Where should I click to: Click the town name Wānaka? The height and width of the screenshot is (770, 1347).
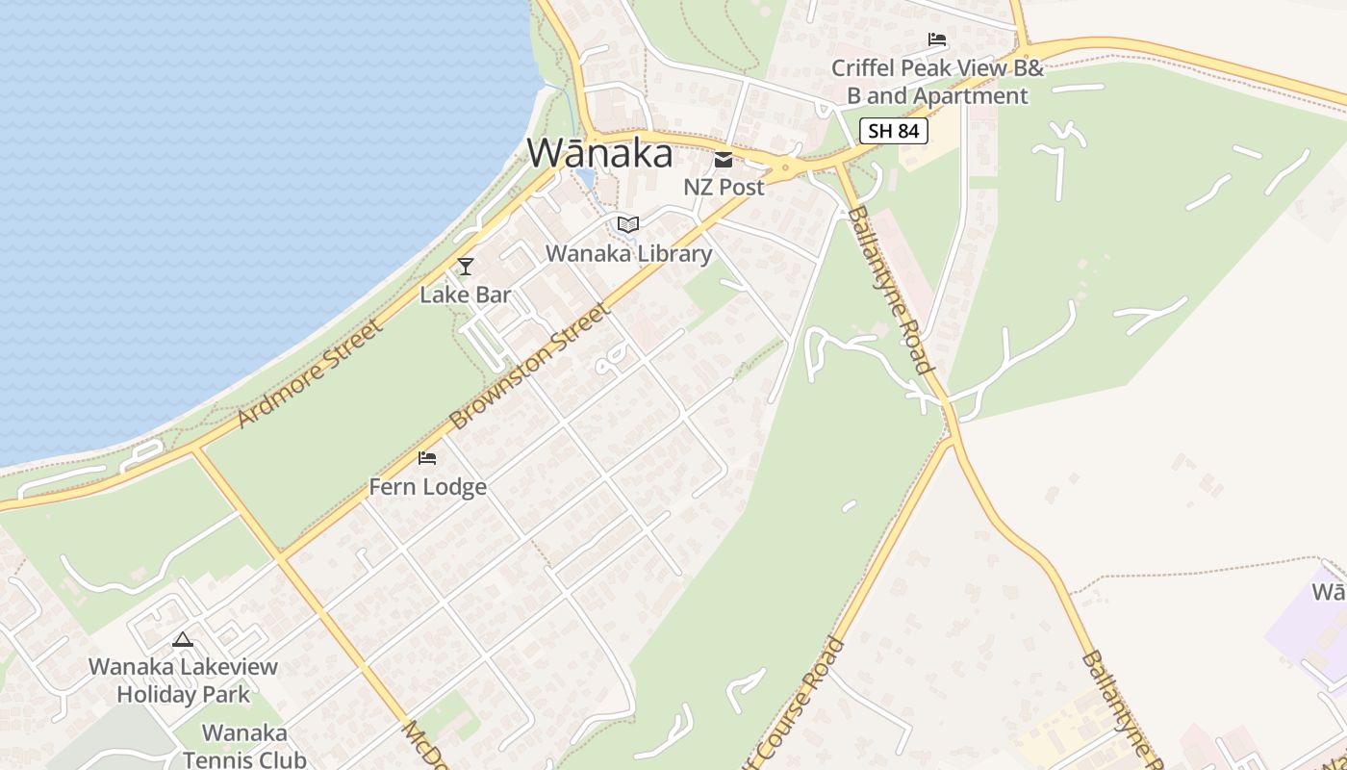click(599, 153)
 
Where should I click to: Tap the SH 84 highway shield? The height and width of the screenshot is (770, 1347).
click(893, 131)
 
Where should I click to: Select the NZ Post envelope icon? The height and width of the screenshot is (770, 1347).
click(724, 160)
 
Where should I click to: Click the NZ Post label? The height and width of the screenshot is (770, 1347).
click(724, 187)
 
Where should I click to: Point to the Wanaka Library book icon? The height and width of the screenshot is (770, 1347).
click(628, 225)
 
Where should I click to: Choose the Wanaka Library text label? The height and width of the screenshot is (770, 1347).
click(628, 253)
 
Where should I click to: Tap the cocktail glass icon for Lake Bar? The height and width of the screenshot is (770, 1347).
click(466, 267)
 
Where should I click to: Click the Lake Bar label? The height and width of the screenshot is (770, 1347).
click(465, 295)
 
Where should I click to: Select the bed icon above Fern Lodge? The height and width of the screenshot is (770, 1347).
click(427, 458)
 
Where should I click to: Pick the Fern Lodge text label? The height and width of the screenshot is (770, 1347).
click(427, 487)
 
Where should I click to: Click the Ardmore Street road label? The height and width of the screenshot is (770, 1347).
click(309, 372)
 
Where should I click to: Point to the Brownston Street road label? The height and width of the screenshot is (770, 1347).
click(529, 367)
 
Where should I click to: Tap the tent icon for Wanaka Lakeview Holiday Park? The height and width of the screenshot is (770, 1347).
click(183, 639)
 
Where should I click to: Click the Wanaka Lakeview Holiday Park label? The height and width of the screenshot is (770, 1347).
click(183, 680)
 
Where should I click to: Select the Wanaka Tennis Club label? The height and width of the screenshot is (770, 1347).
click(244, 747)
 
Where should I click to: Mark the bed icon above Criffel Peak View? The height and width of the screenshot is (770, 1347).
click(937, 40)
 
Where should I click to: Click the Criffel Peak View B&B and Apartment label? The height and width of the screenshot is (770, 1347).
click(937, 82)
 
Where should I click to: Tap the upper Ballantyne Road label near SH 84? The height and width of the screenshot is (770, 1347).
click(891, 290)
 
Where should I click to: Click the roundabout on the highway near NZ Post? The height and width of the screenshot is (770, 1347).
click(785, 167)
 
